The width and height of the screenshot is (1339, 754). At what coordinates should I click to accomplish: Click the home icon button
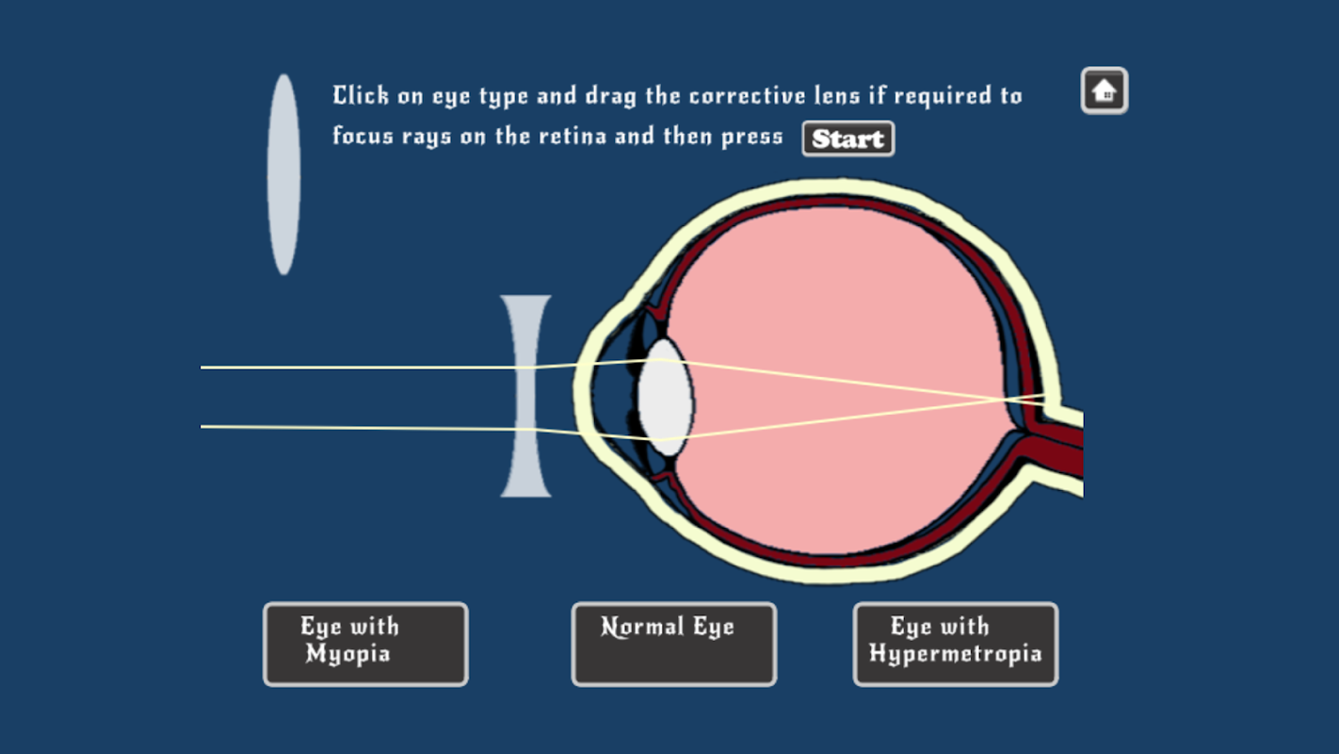coord(1105,90)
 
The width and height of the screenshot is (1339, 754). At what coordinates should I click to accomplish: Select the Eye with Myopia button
coord(366,644)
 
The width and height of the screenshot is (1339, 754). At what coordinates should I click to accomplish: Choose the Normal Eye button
coord(674,644)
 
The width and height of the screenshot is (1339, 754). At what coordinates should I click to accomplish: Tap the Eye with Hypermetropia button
coord(956,644)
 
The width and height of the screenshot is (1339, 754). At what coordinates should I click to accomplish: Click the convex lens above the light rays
coord(284,174)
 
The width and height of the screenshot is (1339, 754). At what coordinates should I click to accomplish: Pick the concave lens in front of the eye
coord(525,396)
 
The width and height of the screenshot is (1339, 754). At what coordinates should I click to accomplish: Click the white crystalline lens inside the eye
coord(666,398)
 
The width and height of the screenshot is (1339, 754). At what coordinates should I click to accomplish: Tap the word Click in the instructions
coord(361,95)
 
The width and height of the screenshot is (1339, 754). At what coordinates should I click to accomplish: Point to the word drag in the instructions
coord(610,97)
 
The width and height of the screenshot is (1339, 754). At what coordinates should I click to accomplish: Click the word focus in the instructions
coord(363,135)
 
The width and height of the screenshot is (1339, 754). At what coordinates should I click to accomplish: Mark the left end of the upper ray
coord(201,368)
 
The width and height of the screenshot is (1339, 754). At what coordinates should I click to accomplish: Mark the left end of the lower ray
coord(201,427)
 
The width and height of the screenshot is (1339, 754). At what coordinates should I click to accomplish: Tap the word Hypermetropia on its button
coord(955,654)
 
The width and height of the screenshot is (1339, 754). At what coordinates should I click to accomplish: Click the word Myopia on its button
coord(347,654)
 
